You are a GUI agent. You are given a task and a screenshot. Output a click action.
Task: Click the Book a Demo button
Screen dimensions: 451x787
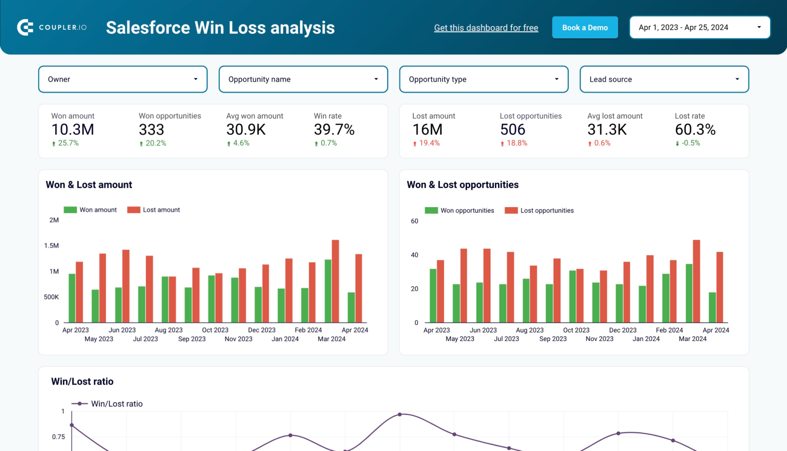(584, 28)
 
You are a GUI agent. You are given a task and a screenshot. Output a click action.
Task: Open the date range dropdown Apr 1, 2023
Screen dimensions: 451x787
(699, 28)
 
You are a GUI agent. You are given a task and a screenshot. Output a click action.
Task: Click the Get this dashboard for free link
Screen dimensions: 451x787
(486, 28)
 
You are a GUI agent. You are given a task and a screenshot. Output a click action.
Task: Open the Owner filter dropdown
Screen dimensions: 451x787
(123, 79)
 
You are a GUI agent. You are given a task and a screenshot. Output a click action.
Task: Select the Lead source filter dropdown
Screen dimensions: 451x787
(664, 79)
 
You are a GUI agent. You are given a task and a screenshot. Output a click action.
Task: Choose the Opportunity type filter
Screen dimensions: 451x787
(483, 79)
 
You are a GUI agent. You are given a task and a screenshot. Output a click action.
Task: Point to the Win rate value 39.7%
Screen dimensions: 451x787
(334, 130)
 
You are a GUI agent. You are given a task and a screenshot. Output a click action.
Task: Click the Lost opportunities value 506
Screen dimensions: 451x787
(512, 130)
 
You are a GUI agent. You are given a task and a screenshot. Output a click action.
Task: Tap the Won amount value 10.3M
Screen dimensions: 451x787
(73, 130)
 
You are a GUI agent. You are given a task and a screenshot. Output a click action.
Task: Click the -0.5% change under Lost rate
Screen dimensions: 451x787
(690, 143)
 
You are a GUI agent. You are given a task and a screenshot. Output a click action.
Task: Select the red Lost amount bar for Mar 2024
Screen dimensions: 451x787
(335, 280)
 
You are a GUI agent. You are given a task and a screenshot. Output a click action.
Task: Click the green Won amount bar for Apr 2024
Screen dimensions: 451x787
(351, 307)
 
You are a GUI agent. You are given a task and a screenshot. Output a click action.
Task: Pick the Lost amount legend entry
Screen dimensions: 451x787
(153, 210)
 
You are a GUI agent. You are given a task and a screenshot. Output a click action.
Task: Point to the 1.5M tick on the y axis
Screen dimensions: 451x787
(51, 245)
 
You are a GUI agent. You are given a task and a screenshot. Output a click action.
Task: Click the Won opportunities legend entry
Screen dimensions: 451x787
(459, 211)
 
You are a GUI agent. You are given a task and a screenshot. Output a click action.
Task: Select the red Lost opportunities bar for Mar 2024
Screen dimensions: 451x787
(696, 280)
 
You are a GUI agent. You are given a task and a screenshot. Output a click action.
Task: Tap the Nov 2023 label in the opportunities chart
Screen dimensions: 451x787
(599, 339)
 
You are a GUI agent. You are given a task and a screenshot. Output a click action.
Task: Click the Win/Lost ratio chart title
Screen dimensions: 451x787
(82, 381)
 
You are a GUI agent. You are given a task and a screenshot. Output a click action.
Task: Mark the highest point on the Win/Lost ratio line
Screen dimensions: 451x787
(400, 415)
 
